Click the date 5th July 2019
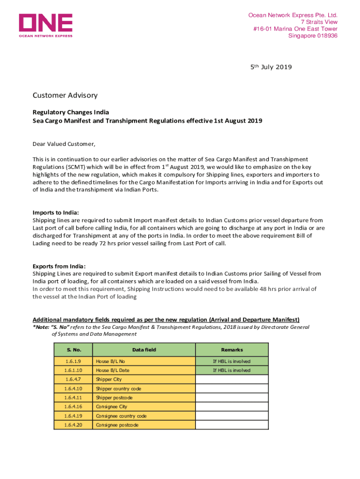click(271, 67)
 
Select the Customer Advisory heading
click(65, 95)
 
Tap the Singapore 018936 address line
click(313, 36)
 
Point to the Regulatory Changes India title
click(71, 112)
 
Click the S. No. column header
click(73, 350)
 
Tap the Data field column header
click(144, 350)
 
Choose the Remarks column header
click(231, 350)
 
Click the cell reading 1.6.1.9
click(73, 361)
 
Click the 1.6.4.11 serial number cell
click(73, 398)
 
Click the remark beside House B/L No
click(231, 361)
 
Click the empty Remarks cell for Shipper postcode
click(231, 398)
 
